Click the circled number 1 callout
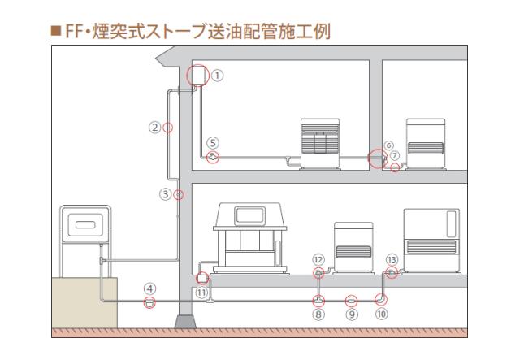217,75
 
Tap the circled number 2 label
155,127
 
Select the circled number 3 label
166,194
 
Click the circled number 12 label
318,258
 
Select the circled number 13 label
392,258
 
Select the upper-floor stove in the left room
318,143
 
